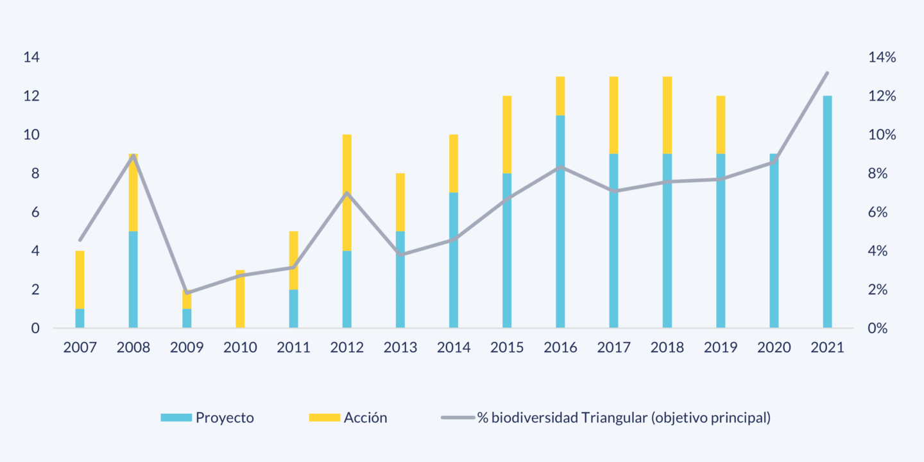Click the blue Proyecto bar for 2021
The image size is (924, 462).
827,212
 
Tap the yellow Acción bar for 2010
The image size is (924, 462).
239,299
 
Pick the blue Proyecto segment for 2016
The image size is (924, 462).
560,221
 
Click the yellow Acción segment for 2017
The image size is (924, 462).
613,115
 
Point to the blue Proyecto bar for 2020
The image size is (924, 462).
774,241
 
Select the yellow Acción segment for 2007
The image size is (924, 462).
80,280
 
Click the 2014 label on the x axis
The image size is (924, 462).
454,348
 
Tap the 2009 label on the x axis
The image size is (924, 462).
187,348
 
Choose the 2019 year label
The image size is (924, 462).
721,348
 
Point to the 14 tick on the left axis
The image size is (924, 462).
31,58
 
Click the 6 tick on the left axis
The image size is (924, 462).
35,212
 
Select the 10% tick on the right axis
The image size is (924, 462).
882,135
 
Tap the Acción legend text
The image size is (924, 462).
365,418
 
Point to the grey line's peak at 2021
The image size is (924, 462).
827,73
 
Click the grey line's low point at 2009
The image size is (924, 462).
187,293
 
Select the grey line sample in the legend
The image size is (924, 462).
457,418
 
